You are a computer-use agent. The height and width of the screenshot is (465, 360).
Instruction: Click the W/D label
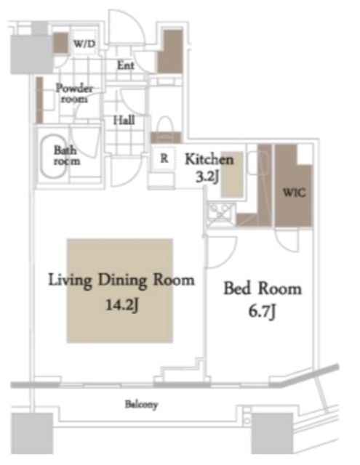84,44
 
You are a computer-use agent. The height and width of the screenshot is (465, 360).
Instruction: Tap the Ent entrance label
125,65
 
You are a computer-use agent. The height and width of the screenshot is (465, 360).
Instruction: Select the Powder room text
74,93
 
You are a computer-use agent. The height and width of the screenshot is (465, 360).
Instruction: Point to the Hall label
124,120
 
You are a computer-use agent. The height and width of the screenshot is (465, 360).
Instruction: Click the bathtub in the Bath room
54,156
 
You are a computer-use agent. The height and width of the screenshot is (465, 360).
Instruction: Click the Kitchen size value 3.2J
207,177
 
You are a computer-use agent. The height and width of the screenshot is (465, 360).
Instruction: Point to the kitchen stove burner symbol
220,213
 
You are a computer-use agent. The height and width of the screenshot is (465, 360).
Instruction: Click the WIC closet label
294,193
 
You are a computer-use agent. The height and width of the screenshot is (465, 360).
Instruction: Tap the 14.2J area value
121,304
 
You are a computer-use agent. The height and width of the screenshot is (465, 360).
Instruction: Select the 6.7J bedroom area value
262,312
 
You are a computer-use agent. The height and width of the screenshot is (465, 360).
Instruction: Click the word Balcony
141,405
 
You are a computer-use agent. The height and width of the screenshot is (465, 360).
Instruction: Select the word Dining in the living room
122,280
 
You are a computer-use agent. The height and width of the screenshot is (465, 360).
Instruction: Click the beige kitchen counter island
232,174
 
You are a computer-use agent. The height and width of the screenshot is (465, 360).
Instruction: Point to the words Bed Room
263,288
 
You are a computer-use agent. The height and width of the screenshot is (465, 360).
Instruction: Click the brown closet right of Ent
169,52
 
